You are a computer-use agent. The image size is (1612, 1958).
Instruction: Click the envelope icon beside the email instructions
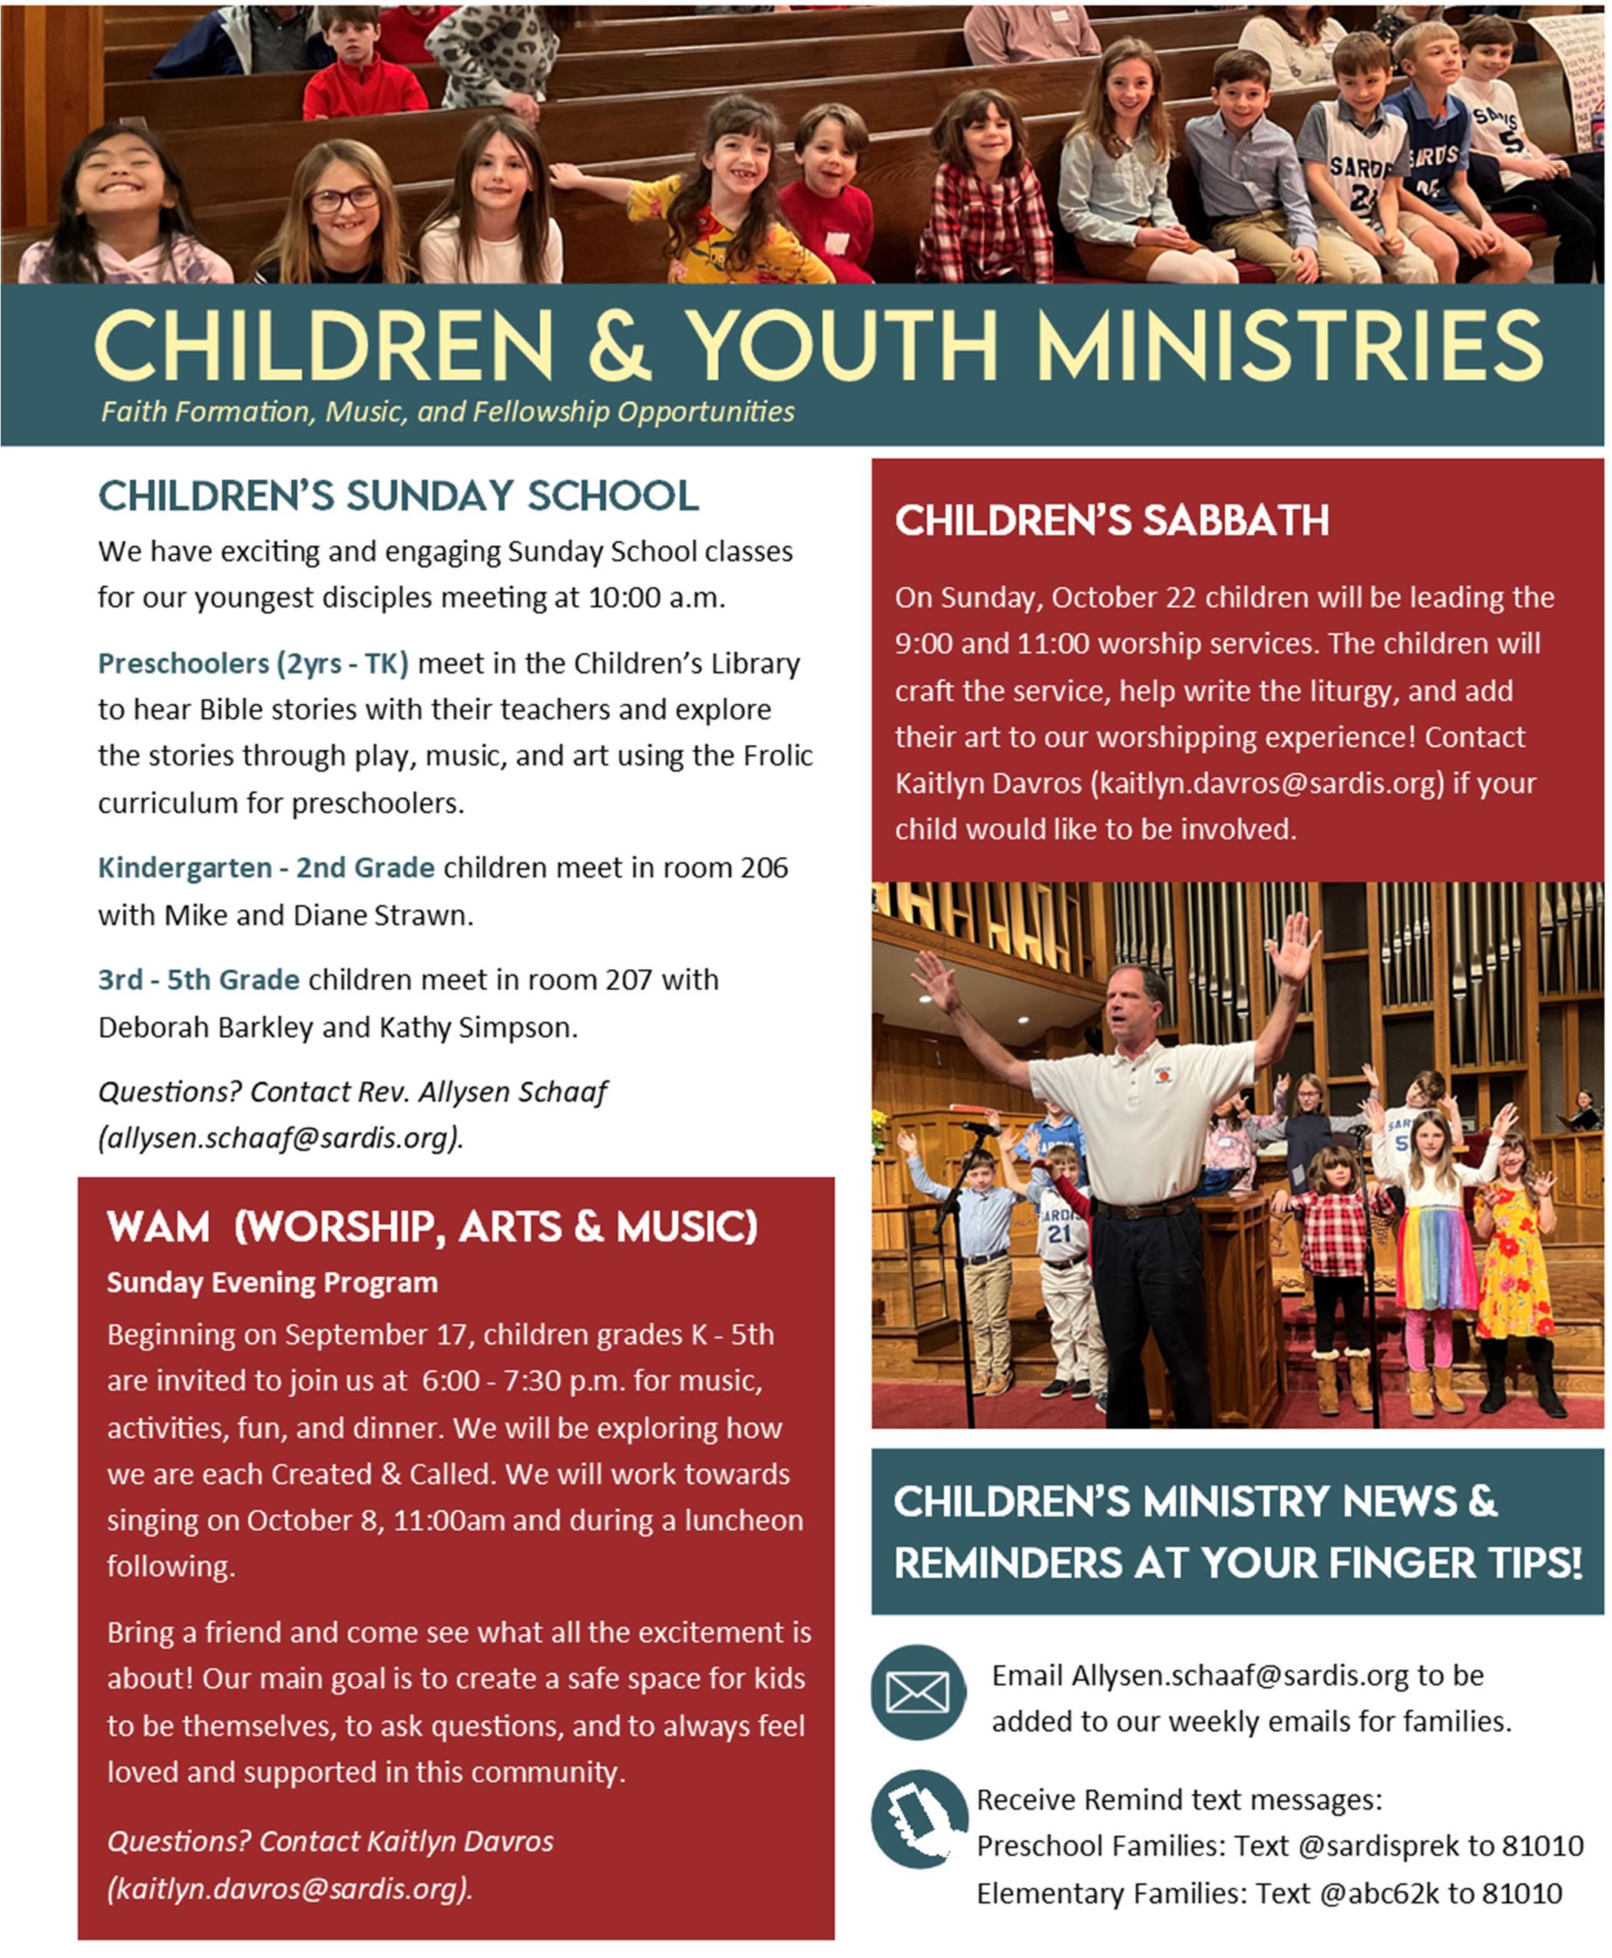918,1692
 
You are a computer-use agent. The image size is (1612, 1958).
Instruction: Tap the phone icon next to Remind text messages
918,1817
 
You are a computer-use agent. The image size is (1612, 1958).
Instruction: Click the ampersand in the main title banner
619,346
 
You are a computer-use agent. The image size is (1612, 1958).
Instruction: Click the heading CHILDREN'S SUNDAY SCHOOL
399,496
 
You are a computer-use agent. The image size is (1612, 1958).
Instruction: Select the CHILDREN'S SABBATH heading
1111,521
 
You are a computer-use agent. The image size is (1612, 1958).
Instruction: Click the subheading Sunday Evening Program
272,1283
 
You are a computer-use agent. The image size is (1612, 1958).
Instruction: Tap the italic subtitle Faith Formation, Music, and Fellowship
448,412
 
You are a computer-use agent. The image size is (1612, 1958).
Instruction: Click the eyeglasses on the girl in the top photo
343,199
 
